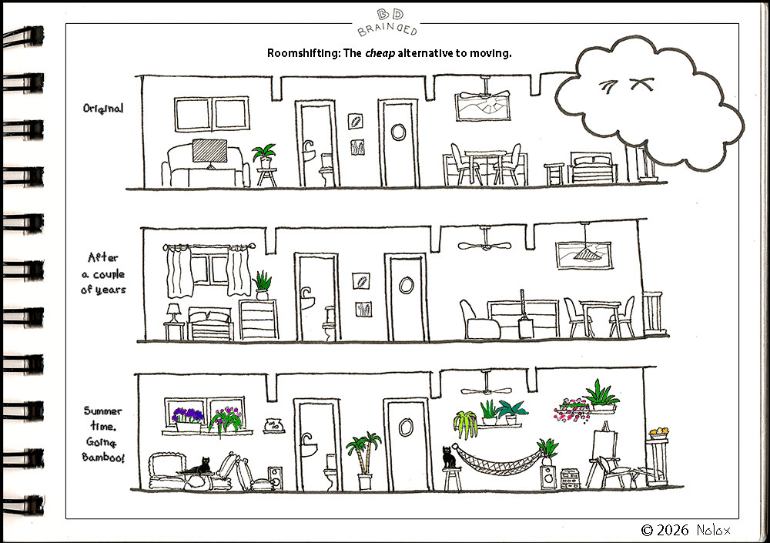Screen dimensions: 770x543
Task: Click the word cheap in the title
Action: pos(380,53)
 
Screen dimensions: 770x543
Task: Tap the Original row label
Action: pos(102,109)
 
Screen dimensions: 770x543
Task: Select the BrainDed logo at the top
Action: pos(387,22)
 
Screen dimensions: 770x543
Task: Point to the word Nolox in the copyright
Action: pos(714,530)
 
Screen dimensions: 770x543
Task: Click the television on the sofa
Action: pos(209,153)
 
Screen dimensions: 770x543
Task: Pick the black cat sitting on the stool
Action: pos(449,458)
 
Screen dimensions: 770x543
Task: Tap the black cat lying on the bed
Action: pos(200,466)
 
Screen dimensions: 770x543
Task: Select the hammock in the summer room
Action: pos(497,461)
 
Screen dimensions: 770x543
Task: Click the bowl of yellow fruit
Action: pos(658,433)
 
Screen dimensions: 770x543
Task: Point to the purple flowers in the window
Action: pos(187,415)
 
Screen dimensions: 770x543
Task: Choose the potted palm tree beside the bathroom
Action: pos(364,461)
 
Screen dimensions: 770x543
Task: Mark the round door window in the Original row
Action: pos(398,132)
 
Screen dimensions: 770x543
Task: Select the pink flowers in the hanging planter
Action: pos(572,410)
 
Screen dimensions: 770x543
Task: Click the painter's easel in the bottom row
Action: pos(604,453)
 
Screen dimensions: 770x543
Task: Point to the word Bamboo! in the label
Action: pos(103,458)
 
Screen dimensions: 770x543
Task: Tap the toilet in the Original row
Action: pos(326,169)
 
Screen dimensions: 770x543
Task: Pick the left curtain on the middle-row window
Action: pos(179,271)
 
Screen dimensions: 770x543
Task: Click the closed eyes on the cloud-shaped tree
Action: pos(626,86)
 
